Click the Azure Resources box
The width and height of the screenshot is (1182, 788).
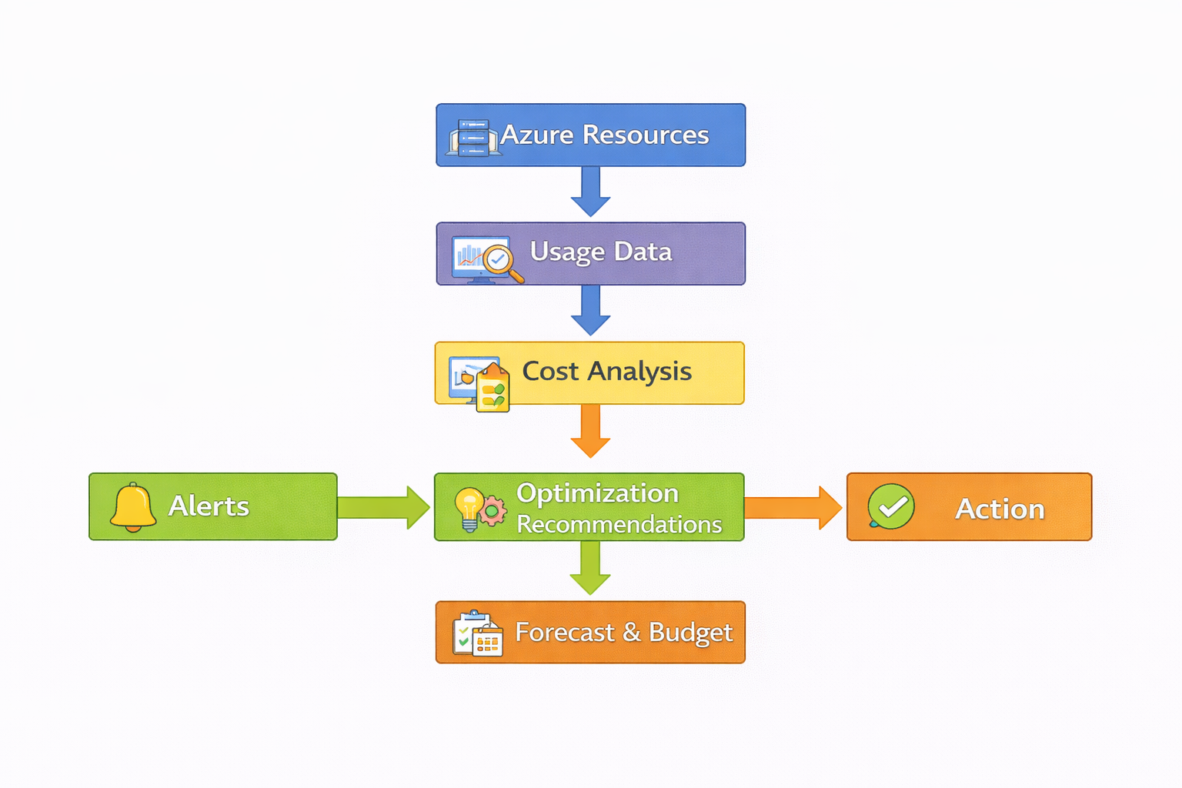click(x=590, y=135)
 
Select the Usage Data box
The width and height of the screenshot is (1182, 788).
click(x=590, y=253)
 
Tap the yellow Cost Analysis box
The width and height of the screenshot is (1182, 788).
click(x=590, y=372)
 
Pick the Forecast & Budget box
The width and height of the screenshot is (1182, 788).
click(x=590, y=632)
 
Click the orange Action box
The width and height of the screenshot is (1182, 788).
click(x=969, y=506)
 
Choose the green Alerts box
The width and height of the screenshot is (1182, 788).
click(x=213, y=506)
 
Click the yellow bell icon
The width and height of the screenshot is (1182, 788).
click(x=133, y=507)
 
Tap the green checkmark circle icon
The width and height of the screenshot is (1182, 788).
click(x=891, y=506)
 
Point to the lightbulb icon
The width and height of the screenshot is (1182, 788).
click(x=469, y=508)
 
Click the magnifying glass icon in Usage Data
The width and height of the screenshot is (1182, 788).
click(x=501, y=261)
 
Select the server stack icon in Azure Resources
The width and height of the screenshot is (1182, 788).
click(x=473, y=139)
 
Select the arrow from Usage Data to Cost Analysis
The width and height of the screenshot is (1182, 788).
click(x=590, y=309)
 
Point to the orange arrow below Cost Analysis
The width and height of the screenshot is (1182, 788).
click(x=590, y=430)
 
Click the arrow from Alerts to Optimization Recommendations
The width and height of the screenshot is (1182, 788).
click(x=383, y=507)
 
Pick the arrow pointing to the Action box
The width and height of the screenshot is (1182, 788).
click(x=793, y=507)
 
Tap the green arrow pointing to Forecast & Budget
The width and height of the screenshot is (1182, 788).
click(x=590, y=567)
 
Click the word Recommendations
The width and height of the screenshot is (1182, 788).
click(x=619, y=525)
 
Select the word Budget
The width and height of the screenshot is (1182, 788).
click(x=690, y=633)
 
